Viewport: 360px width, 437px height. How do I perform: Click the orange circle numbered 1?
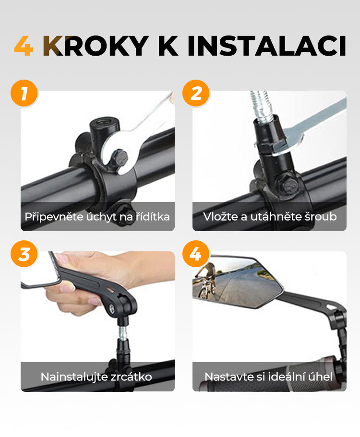point(24,93)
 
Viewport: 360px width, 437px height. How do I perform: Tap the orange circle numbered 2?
point(196,93)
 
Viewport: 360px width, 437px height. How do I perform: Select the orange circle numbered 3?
point(24,254)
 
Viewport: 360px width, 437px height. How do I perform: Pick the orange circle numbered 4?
point(196,254)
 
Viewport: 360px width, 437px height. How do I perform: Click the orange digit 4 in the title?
point(24,46)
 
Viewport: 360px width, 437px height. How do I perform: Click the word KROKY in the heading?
point(96,46)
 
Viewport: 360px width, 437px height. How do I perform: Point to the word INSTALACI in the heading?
point(267,46)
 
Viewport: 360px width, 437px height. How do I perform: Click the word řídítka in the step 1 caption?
point(153,216)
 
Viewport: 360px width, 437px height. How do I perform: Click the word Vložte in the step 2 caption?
point(220,216)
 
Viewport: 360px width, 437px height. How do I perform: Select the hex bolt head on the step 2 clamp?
point(287,183)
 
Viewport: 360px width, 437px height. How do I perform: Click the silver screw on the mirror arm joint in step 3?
point(111,308)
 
